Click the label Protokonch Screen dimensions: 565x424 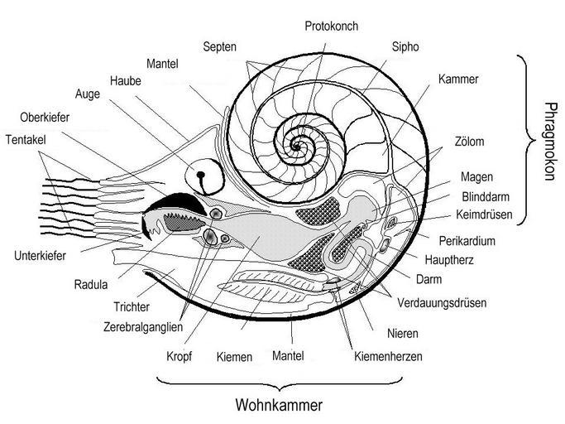coord(332,26)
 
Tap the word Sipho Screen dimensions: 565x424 coord(405,47)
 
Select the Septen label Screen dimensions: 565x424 coord(219,47)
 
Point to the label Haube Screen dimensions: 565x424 coord(126,80)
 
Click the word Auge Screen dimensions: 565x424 coord(88,94)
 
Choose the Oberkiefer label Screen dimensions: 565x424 coord(45,118)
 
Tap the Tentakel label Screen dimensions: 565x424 coord(26,140)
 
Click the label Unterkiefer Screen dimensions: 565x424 coord(40,256)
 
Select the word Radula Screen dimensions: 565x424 coord(91,284)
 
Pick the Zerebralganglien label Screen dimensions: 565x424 coord(143,327)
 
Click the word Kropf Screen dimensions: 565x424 coord(179,357)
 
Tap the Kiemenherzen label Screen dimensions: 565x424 coord(388,357)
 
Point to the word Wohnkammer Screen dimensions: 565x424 coord(279,405)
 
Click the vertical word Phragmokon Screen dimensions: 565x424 coord(549,142)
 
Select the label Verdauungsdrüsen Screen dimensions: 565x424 coord(442,303)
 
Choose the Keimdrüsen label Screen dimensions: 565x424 coord(484,214)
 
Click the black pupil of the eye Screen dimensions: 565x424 coord(201,175)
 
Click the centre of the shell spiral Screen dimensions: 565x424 coord(296,147)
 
